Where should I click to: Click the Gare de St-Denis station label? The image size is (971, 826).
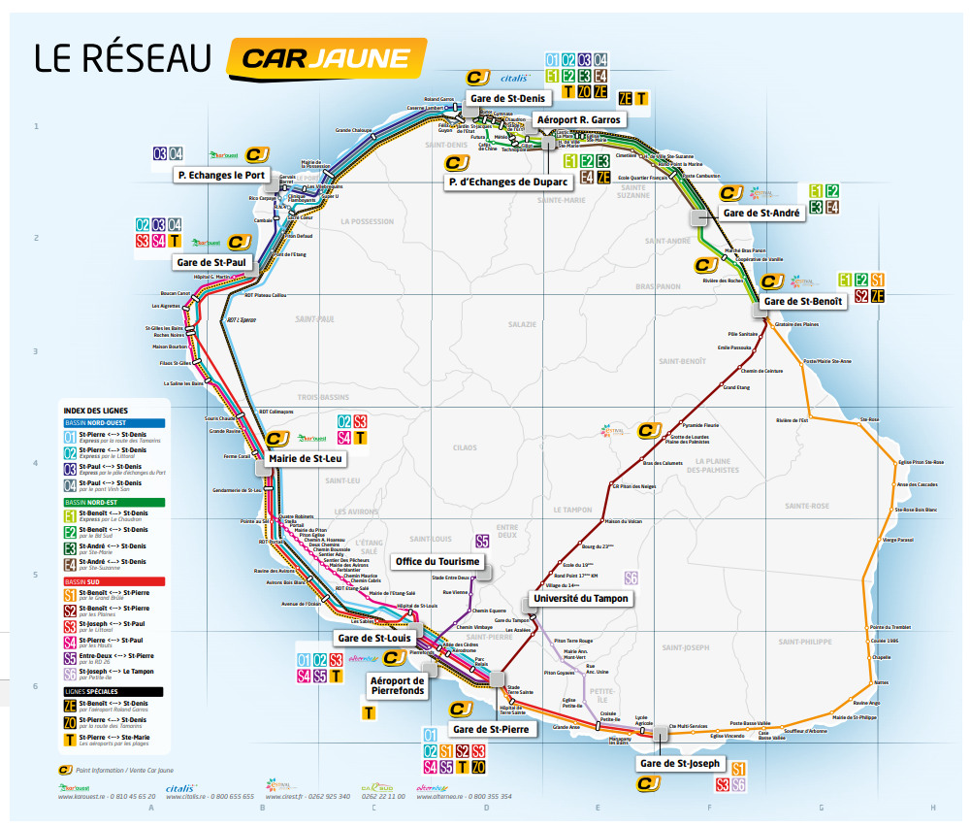[x=507, y=98]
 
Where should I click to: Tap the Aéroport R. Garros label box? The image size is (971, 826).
[x=578, y=119]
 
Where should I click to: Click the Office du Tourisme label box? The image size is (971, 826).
[x=437, y=562]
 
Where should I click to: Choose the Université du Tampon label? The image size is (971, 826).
[x=581, y=599]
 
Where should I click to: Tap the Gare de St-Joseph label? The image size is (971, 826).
[x=679, y=764]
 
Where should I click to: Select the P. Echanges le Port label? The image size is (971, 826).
[x=221, y=175]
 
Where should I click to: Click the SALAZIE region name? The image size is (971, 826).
[x=521, y=324]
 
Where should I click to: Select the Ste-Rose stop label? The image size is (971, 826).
[x=868, y=420]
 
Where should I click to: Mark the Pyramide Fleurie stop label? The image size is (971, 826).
[x=699, y=425]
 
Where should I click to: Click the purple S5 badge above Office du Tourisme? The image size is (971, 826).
[x=482, y=542]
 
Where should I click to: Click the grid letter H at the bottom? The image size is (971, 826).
[x=933, y=808]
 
